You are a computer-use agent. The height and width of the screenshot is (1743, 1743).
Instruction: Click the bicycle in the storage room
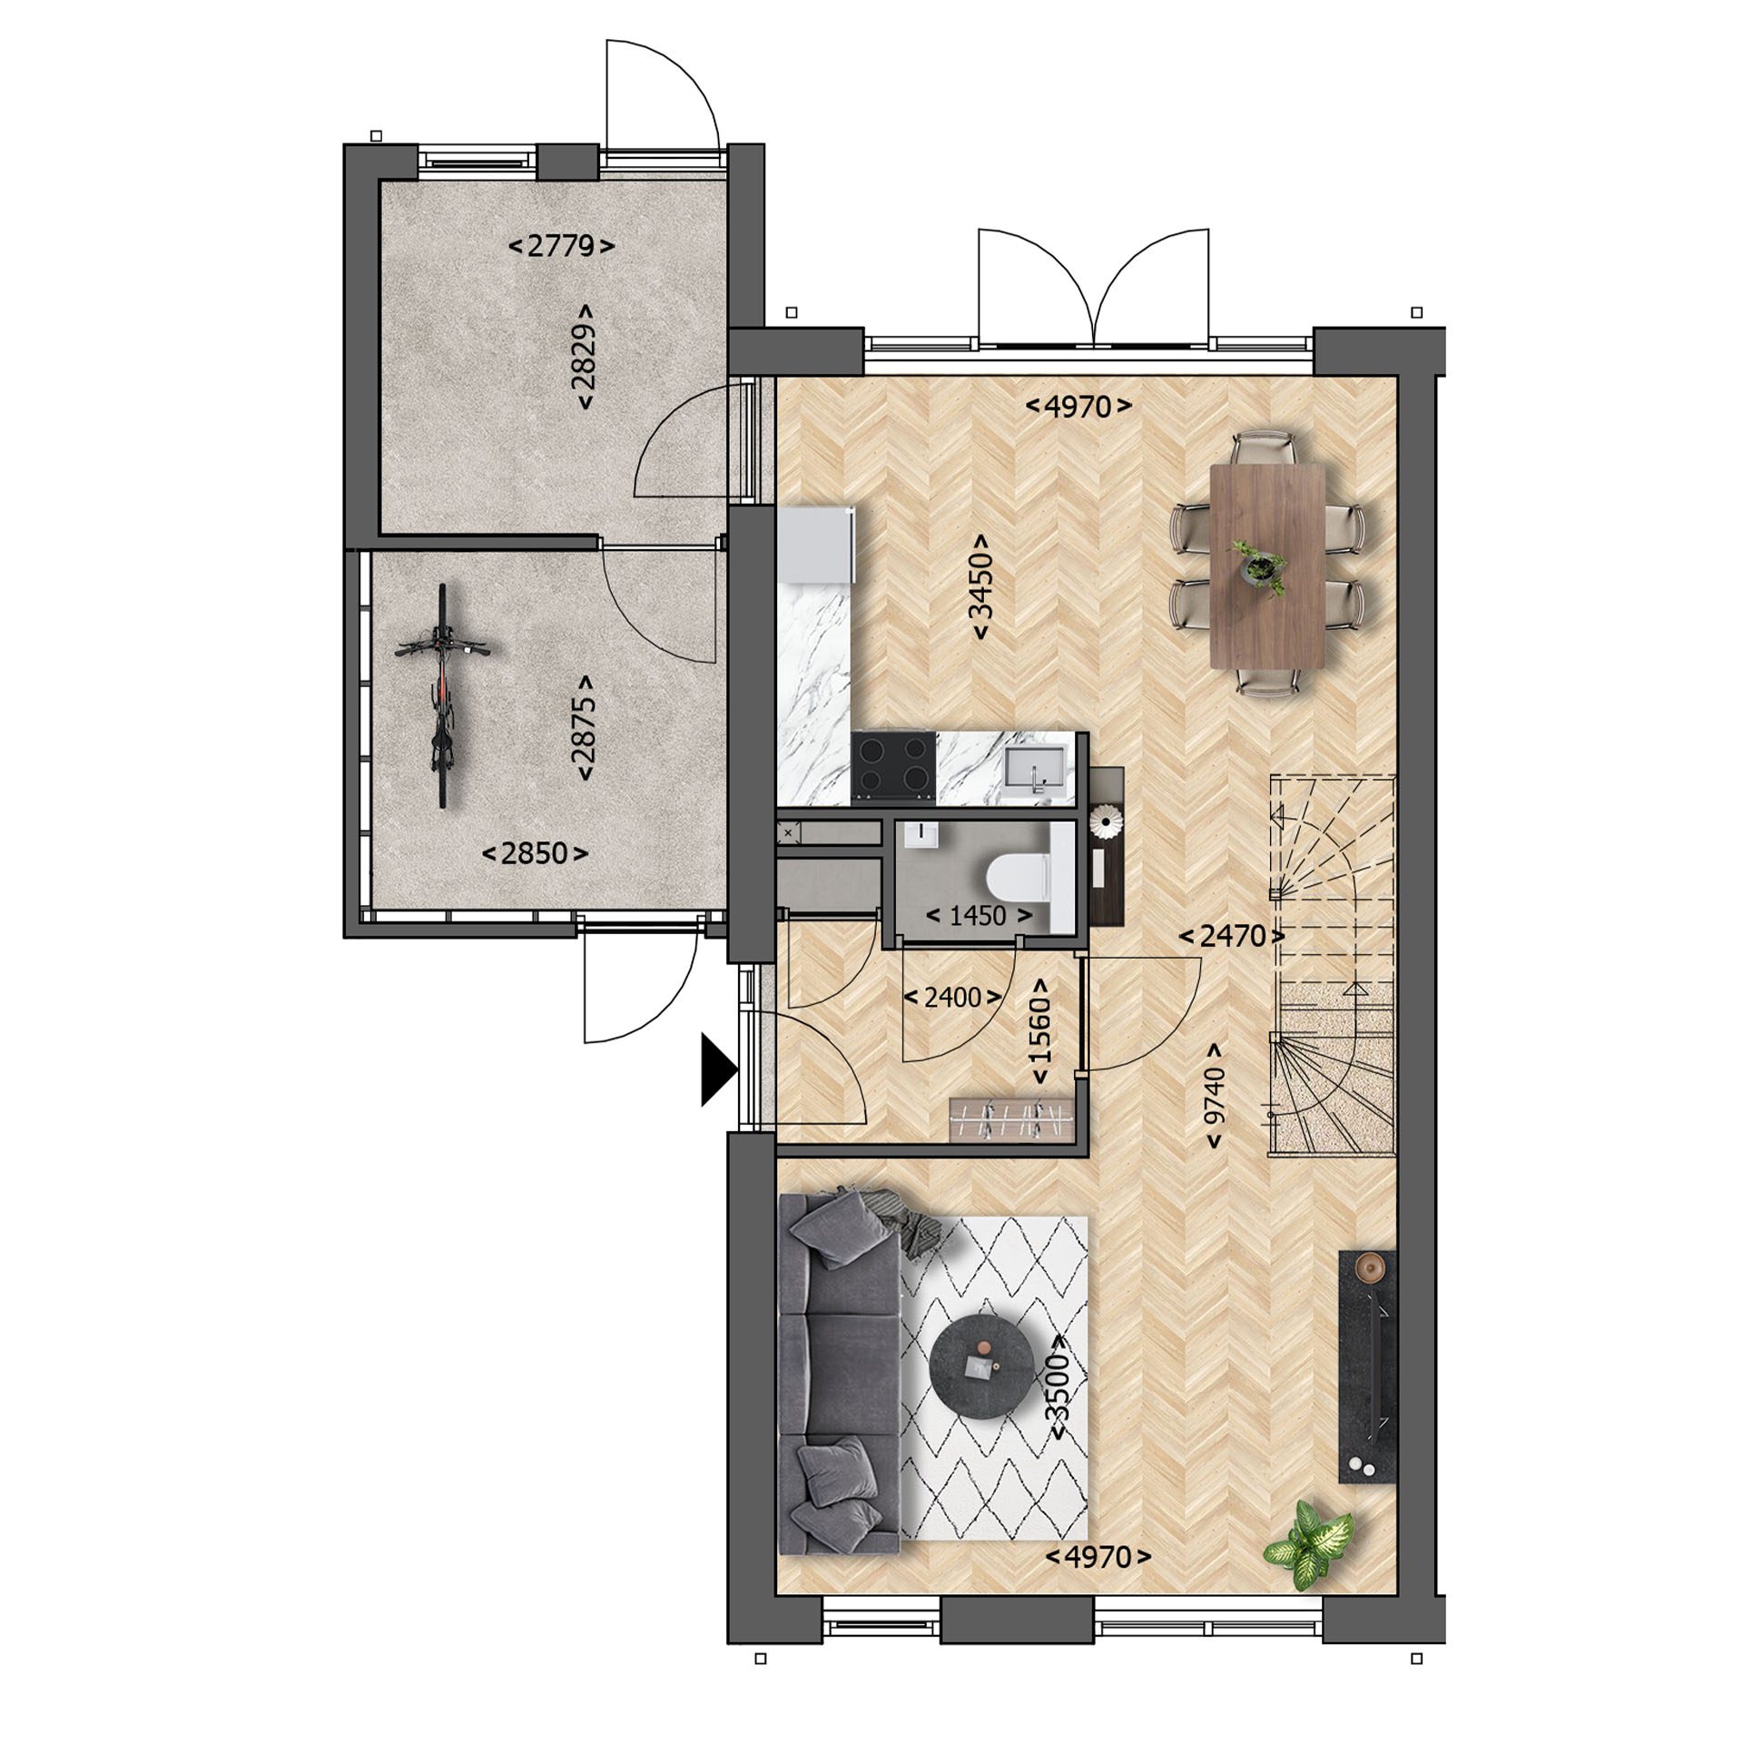point(441,695)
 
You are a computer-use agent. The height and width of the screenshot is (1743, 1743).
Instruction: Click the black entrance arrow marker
point(718,1074)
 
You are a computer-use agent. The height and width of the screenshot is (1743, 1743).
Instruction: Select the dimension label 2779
point(561,246)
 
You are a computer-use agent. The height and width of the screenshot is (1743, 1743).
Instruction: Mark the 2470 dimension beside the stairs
point(1232,936)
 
